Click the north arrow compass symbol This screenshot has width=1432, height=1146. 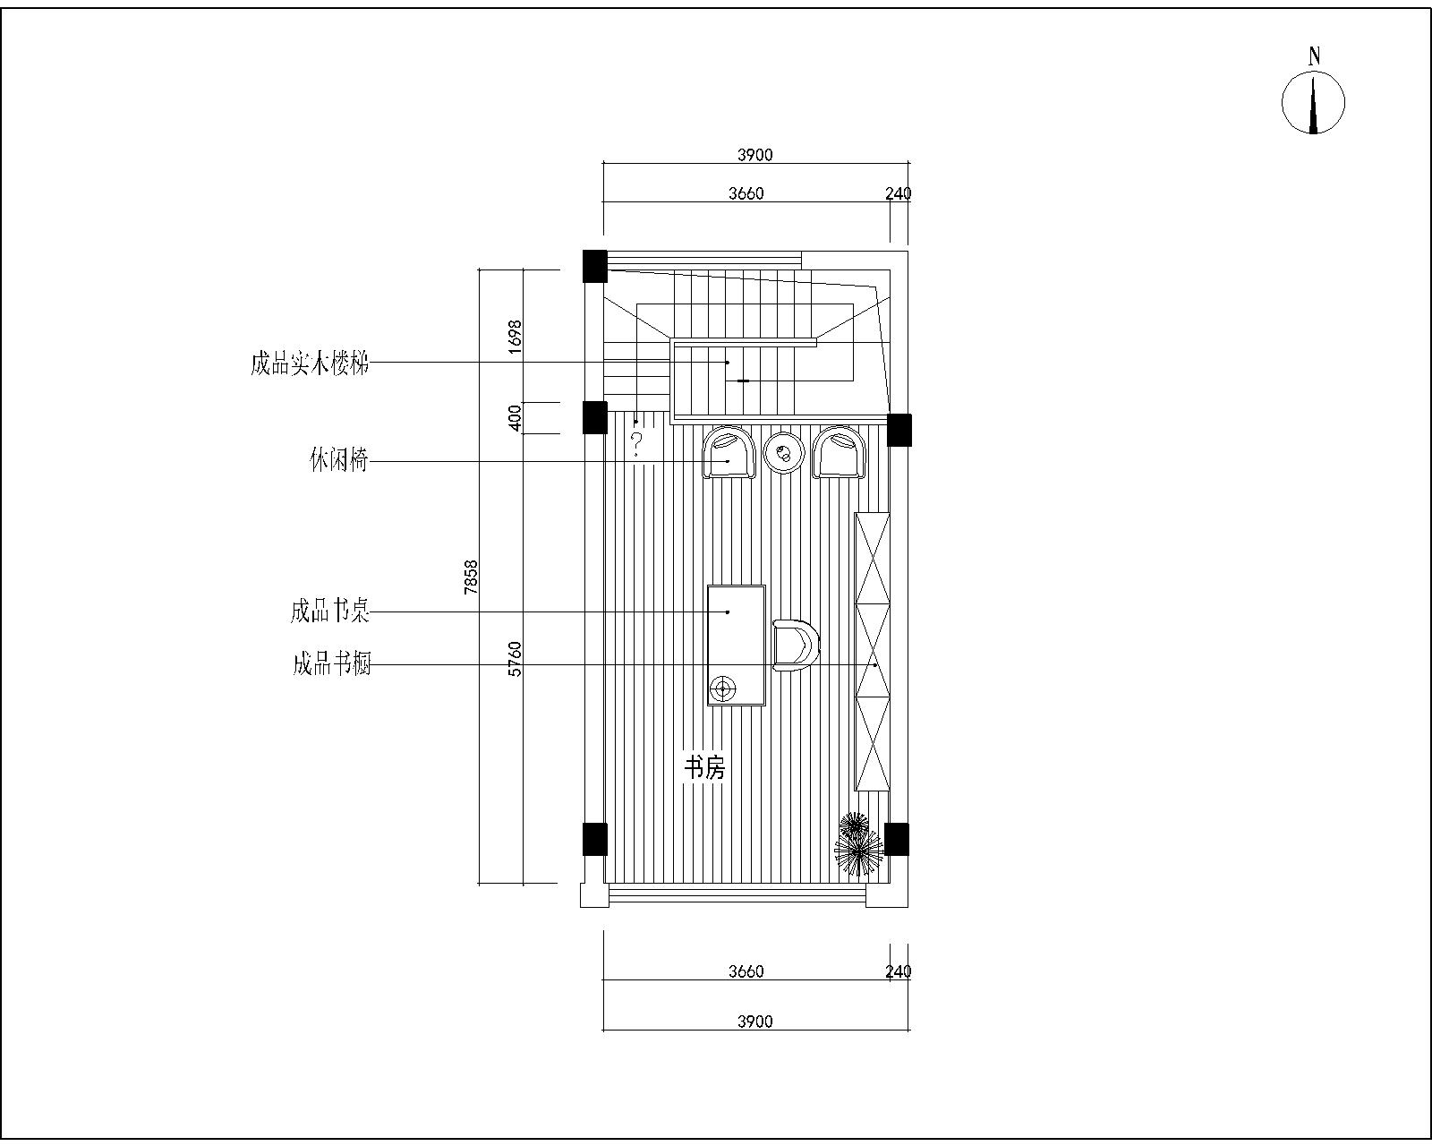(1313, 104)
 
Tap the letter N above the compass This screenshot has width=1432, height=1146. (1314, 56)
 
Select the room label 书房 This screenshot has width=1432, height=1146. (704, 767)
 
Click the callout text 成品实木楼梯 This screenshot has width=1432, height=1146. (309, 364)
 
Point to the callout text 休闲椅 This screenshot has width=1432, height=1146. (337, 463)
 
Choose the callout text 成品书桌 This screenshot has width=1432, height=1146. (329, 612)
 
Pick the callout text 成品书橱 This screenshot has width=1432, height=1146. (331, 664)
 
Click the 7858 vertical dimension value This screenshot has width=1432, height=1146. (472, 577)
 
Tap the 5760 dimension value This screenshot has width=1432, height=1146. (515, 659)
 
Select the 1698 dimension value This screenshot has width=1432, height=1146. (515, 337)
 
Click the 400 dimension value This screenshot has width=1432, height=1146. (515, 418)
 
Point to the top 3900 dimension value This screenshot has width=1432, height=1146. (754, 155)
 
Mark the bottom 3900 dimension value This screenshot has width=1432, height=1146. (754, 1022)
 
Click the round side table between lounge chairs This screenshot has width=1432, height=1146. (785, 453)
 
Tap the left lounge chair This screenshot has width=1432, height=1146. (729, 453)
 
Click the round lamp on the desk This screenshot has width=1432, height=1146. (722, 688)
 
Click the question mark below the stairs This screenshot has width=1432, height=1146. (637, 442)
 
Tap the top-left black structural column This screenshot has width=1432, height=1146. (594, 266)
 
